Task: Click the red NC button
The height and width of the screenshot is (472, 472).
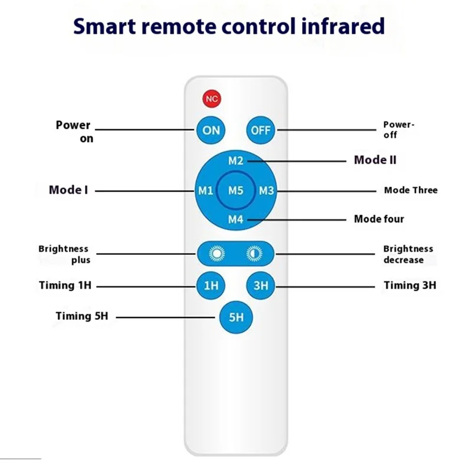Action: pyautogui.click(x=212, y=99)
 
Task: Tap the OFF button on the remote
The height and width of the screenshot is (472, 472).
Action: pyautogui.click(x=261, y=130)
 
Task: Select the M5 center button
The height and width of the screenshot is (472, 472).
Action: pyautogui.click(x=235, y=190)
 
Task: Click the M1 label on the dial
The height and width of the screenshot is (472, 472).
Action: pyautogui.click(x=205, y=191)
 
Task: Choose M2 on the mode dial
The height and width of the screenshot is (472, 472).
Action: pyautogui.click(x=235, y=160)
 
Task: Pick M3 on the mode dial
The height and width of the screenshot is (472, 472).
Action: pyautogui.click(x=267, y=191)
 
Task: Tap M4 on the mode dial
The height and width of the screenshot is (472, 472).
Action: pyautogui.click(x=235, y=219)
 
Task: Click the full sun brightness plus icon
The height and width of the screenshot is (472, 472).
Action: pyautogui.click(x=217, y=254)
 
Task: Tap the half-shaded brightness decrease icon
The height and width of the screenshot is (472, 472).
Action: pyautogui.click(x=254, y=254)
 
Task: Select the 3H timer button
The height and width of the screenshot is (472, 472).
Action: pyautogui.click(x=261, y=286)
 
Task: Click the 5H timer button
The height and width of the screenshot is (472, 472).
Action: pyautogui.click(x=236, y=317)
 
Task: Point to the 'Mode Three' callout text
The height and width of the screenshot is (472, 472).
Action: pyautogui.click(x=411, y=190)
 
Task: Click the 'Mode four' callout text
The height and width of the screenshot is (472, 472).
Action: pyautogui.click(x=379, y=219)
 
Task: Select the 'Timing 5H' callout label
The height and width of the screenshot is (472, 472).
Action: pyautogui.click(x=82, y=316)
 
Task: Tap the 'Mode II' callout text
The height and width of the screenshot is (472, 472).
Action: pyautogui.click(x=375, y=160)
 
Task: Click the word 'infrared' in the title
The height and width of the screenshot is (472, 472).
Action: pyautogui.click(x=343, y=26)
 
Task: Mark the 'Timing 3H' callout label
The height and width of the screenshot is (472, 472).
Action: pyautogui.click(x=410, y=286)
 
